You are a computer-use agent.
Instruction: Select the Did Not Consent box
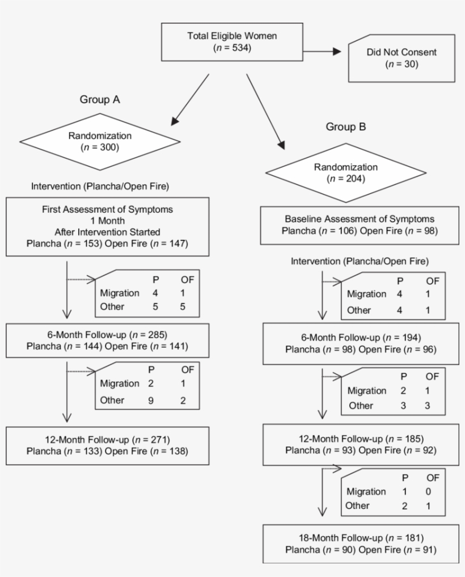click(x=402, y=58)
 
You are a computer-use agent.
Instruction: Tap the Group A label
click(x=99, y=99)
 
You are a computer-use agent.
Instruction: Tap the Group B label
click(x=345, y=127)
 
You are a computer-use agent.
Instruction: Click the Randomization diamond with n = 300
click(x=99, y=141)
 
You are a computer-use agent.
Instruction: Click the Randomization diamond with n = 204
click(x=345, y=172)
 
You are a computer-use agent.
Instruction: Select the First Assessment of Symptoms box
click(x=99, y=226)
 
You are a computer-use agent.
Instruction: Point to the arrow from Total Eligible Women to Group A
click(x=190, y=99)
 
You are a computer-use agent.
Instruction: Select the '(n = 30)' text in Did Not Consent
click(x=402, y=64)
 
